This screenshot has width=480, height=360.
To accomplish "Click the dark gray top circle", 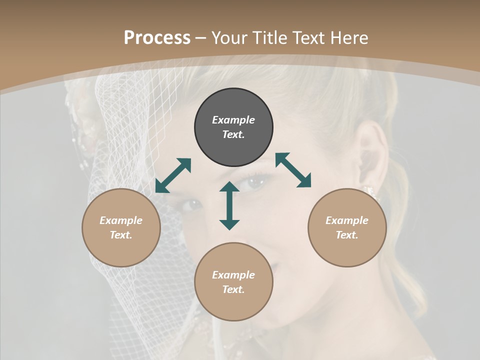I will click(233, 127).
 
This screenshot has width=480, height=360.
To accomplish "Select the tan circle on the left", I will click(121, 227).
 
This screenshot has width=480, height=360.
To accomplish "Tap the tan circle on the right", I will click(347, 227).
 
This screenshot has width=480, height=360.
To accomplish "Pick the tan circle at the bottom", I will click(233, 282).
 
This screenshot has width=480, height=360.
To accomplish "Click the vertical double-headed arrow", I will click(229, 205).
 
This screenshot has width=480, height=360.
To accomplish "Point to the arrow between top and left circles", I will click(173, 175).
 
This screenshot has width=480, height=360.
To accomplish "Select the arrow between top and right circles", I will click(293, 170).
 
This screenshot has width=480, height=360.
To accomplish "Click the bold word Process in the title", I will click(157, 37).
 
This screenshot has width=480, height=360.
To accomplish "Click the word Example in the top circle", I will click(233, 120).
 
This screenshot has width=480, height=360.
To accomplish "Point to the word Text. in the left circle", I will click(121, 235).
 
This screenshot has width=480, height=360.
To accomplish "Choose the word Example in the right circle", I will click(347, 220).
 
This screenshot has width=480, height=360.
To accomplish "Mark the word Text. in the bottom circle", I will click(233, 289).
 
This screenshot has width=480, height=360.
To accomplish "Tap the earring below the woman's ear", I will click(370, 191).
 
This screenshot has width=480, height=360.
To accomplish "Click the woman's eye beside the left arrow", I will click(191, 204).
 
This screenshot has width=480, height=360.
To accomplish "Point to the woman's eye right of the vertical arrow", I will click(255, 183).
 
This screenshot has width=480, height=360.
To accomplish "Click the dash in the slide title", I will click(201, 38).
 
